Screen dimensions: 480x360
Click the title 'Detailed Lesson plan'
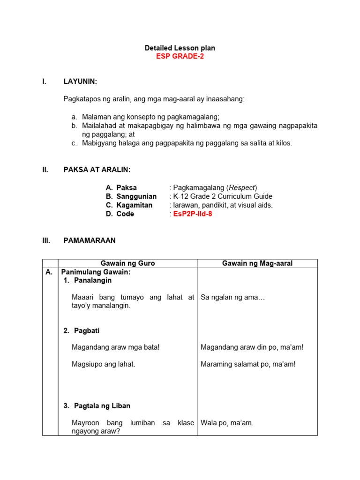(x=180, y=48)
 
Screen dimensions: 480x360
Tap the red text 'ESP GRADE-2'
(x=180, y=57)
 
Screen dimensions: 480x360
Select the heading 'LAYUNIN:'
(x=80, y=82)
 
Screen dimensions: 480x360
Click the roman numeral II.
(x=45, y=170)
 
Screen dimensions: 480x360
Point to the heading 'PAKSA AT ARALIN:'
(x=97, y=170)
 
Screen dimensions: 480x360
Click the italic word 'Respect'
(x=242, y=187)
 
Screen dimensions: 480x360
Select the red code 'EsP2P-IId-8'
(x=193, y=214)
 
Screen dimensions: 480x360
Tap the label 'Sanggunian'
(x=136, y=196)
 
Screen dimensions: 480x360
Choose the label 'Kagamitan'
(x=135, y=205)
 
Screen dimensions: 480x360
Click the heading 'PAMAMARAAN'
(x=89, y=240)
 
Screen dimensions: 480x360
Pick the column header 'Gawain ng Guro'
(x=128, y=263)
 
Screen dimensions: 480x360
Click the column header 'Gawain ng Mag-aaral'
(x=257, y=263)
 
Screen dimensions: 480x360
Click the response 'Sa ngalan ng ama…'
(x=232, y=297)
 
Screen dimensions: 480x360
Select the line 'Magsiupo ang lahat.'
(x=103, y=364)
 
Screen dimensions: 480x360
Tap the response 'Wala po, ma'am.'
(x=227, y=423)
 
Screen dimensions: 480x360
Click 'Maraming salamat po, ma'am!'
(x=248, y=364)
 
